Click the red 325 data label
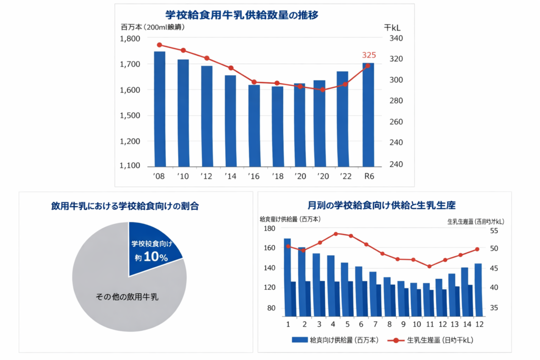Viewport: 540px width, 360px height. (x=369, y=55)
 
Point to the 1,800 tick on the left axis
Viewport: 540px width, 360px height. (x=130, y=39)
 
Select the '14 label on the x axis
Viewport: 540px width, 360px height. (x=230, y=176)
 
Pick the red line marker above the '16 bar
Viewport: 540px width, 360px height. (x=254, y=82)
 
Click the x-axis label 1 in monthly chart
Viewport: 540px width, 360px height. (x=288, y=324)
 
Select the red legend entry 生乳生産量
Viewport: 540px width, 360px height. (x=432, y=340)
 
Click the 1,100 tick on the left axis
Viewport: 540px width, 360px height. (x=130, y=166)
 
